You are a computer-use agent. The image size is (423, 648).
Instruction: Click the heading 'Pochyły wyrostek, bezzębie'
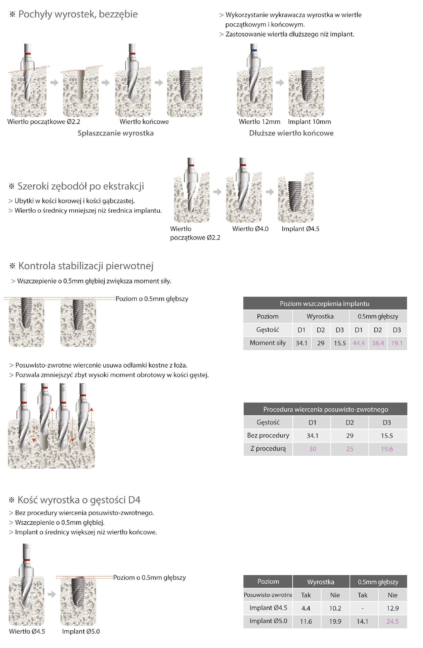point(78,14)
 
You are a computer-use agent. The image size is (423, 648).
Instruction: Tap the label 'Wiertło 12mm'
point(259,122)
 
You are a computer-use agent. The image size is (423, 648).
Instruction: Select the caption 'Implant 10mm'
point(309,122)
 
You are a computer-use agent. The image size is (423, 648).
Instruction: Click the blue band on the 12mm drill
point(254,50)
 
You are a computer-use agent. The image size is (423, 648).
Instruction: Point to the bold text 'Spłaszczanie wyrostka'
point(116,133)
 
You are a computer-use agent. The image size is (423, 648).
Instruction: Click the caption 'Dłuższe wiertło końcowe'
point(291,133)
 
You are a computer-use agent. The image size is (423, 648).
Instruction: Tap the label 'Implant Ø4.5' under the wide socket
point(300,229)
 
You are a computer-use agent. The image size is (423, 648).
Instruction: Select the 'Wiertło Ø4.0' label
point(250,229)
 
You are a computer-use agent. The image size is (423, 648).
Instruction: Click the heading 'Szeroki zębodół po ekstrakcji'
point(81,186)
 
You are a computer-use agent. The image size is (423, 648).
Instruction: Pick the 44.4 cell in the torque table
point(359,343)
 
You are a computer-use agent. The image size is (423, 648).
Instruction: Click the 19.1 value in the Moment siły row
point(397,343)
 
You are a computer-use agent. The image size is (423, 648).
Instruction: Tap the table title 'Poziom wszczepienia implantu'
point(325,304)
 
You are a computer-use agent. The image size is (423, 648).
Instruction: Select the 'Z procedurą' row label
point(268,449)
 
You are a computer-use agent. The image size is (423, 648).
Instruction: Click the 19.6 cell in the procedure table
point(387,449)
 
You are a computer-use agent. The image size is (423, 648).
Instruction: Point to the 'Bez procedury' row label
point(268,435)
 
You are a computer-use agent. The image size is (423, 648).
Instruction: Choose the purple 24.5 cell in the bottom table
point(393,622)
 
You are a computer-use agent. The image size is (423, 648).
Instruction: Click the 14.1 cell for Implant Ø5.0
point(362,622)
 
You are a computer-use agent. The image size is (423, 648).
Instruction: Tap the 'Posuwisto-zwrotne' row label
point(268,595)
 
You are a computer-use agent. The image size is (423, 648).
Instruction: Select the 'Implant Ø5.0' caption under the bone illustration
point(81,631)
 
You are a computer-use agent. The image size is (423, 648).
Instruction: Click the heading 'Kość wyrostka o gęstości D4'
point(79,500)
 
